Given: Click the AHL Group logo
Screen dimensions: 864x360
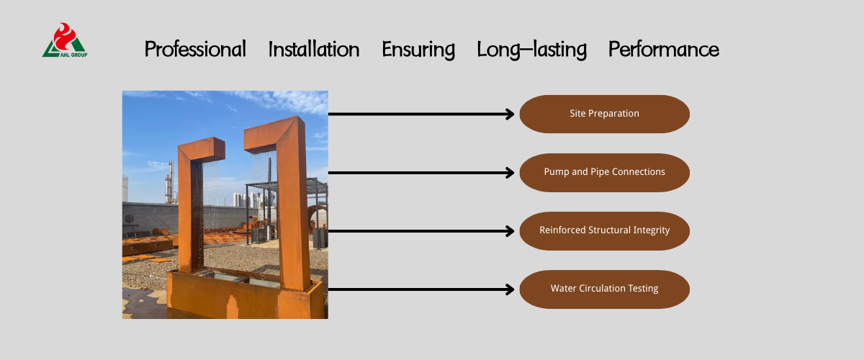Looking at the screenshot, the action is point(65,40).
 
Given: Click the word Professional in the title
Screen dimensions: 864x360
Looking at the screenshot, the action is point(195,50).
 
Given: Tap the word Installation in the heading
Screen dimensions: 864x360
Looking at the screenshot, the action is point(314,49).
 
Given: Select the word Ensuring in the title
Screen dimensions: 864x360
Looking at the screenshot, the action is point(418,50).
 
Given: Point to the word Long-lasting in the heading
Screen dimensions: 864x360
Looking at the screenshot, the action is point(532,50).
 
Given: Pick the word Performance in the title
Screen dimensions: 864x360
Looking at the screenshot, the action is point(663,50).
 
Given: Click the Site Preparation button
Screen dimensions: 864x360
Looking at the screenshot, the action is point(604,114).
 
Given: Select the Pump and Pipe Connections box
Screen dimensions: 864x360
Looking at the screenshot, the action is point(604,173).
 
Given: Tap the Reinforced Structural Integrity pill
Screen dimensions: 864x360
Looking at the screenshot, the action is point(604,230).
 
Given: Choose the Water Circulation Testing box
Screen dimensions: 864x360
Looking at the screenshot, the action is point(604,289).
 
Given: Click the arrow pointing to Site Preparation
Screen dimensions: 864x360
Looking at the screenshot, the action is point(421,114).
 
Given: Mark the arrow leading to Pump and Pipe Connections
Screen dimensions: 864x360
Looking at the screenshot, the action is point(421,173).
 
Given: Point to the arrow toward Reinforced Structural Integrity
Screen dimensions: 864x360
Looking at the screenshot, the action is point(421,231).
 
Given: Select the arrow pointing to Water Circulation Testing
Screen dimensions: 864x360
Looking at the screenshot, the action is point(421,289).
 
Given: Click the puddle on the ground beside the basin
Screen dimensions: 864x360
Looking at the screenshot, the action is point(143,304).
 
